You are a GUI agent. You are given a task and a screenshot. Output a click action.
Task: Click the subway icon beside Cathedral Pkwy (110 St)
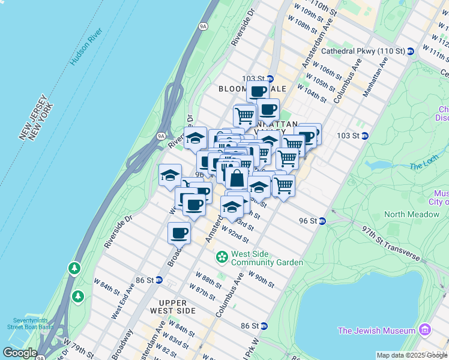coord(411,52)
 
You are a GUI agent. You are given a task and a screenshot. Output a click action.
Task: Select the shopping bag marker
coord(237,178)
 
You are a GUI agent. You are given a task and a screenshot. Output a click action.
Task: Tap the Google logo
coord(20,352)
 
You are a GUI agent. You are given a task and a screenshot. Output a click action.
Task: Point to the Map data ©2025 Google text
coord(411,355)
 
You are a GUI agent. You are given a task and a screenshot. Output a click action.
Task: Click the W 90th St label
coord(260,280)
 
